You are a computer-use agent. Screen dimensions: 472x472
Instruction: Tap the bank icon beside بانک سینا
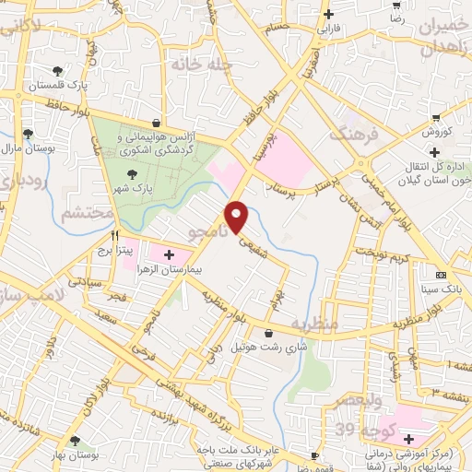(440, 275)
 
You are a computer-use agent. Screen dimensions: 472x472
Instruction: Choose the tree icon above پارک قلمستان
(59, 70)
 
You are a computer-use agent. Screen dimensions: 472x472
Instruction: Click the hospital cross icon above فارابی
(328, 14)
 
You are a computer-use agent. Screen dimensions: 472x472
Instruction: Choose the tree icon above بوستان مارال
(28, 133)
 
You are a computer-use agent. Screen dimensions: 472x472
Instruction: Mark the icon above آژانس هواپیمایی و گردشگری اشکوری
(157, 123)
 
